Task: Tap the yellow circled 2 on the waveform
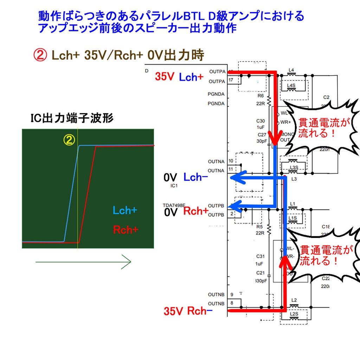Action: click(69, 140)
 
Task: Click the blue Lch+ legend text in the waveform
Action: click(125, 211)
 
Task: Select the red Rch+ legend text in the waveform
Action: click(126, 230)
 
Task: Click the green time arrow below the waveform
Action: click(83, 262)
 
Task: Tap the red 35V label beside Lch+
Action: click(165, 77)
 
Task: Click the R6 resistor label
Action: click(261, 96)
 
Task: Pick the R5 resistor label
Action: click(261, 227)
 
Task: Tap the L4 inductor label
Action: click(291, 70)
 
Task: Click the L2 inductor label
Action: click(294, 300)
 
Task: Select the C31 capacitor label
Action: click(261, 256)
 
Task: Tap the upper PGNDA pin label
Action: click(216, 94)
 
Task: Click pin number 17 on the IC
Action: click(231, 81)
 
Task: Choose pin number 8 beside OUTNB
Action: click(232, 303)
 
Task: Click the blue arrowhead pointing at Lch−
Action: click(236, 177)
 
